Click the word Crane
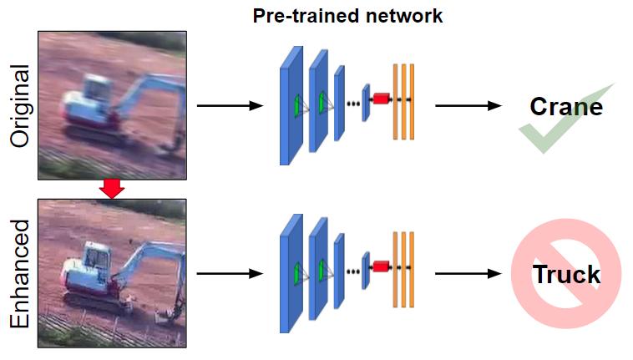pos(566,107)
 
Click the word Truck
pos(566,275)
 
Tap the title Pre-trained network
pos(347,16)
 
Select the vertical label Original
pos(20,106)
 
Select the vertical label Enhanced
pos(20,274)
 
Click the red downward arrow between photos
pos(112,189)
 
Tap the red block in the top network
pos(381,99)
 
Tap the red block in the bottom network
pos(381,266)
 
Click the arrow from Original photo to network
pos(230,106)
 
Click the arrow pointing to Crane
pos(468,106)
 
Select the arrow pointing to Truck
pos(468,274)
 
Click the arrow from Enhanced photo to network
pos(230,274)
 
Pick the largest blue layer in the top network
pos(291,106)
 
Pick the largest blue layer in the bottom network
pos(291,274)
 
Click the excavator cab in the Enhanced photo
pos(98,255)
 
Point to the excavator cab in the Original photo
pos(96,88)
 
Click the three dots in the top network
pos(353,104)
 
